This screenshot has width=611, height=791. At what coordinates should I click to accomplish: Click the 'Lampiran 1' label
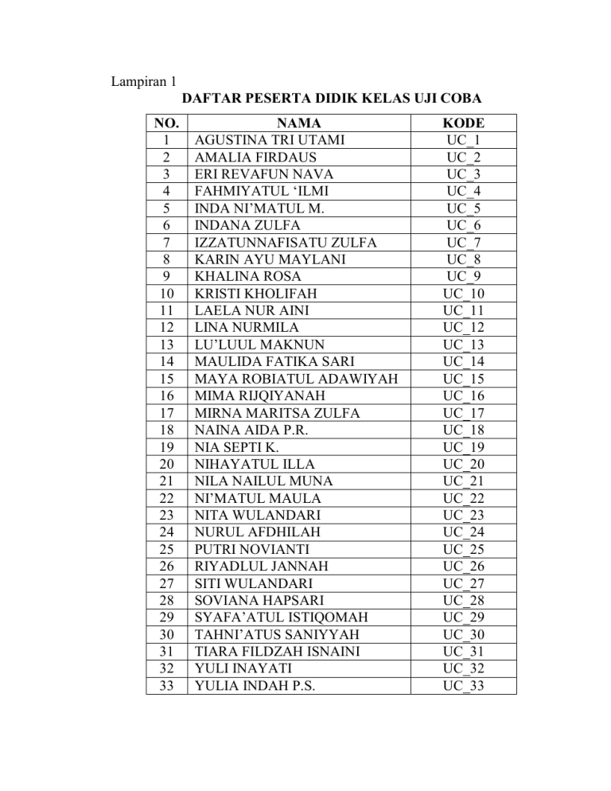click(142, 81)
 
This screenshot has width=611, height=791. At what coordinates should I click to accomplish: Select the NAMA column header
click(299, 123)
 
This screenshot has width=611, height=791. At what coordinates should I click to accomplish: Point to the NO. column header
click(167, 123)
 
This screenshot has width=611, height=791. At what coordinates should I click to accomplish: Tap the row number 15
click(167, 379)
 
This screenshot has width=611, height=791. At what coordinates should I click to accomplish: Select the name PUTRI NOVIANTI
click(251, 549)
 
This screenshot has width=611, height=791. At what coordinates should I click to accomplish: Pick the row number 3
click(167, 174)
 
